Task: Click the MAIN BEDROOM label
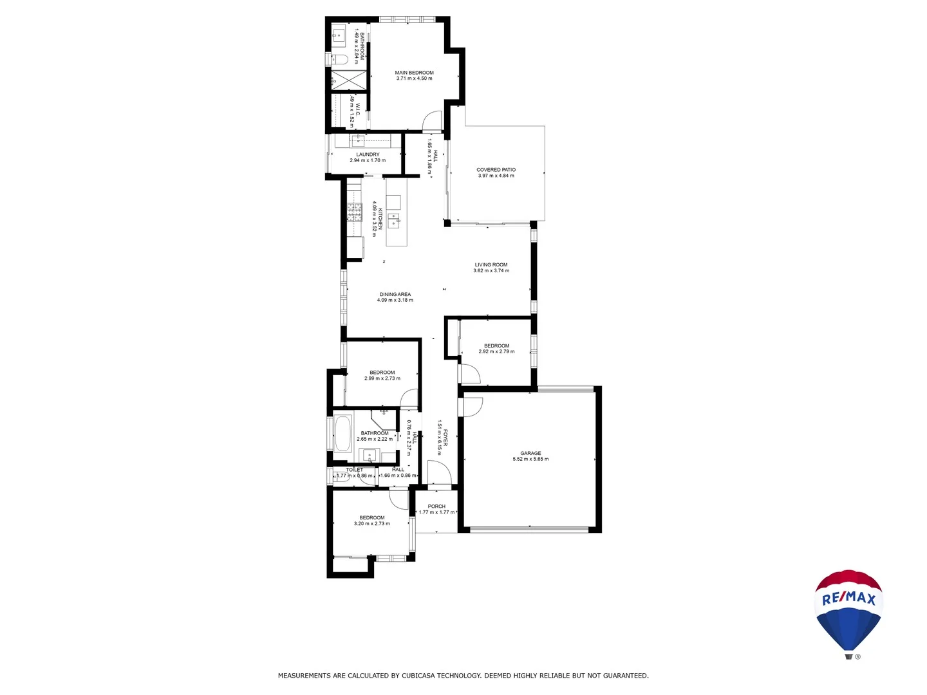coord(414,73)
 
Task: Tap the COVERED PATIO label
coord(496,170)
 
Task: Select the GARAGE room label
coord(530,453)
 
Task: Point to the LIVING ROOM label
coord(491,264)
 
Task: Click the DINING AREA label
coord(395,294)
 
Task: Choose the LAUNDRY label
coord(368,154)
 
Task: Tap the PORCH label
coord(436,506)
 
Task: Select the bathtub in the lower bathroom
coord(342,434)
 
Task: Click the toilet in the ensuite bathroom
coord(339,60)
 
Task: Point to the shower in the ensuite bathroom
coord(348,80)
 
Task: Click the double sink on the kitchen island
coord(393,221)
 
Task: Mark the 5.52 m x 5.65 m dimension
coord(530,459)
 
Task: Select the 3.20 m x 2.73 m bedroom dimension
coord(371,524)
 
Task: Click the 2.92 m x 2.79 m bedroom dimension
coord(496,352)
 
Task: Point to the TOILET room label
coord(354,470)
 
